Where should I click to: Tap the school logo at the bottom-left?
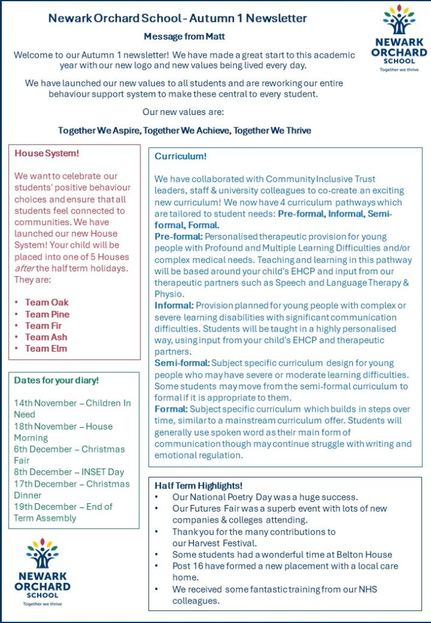point(42,572)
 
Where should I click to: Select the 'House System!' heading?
point(47,153)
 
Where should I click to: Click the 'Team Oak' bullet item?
point(47,302)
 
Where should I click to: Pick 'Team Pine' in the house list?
point(47,314)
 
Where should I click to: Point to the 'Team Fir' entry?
point(44,325)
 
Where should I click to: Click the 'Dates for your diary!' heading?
point(56,380)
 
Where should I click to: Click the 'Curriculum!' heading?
point(181,156)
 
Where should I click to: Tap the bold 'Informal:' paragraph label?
point(174,305)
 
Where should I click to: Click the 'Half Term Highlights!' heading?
point(198,486)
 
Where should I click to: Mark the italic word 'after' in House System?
point(24,268)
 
